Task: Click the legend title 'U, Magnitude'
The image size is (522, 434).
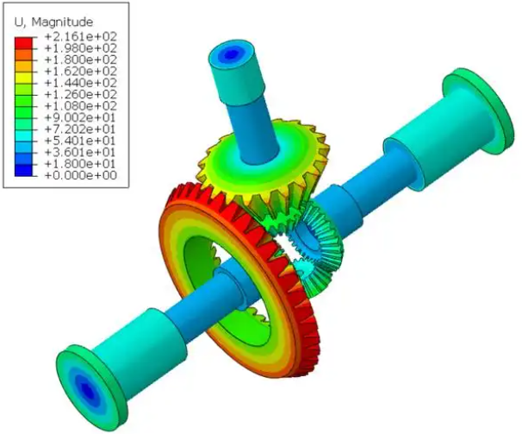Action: (58, 20)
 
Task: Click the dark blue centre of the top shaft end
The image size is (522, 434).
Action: (229, 54)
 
